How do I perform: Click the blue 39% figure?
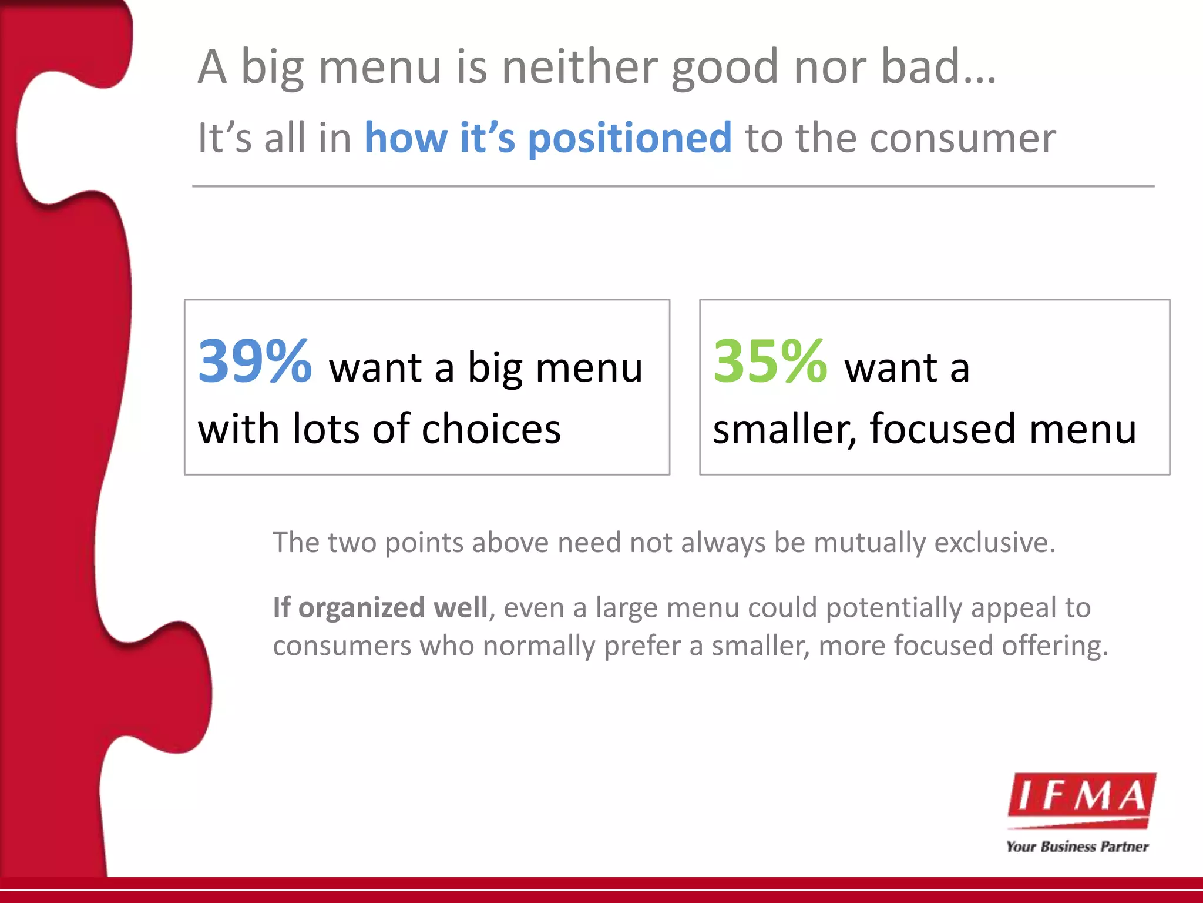[254, 361]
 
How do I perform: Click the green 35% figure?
[769, 361]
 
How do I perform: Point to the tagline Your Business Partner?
[1077, 847]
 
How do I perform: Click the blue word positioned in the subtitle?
[630, 139]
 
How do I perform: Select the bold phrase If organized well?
[380, 607]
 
